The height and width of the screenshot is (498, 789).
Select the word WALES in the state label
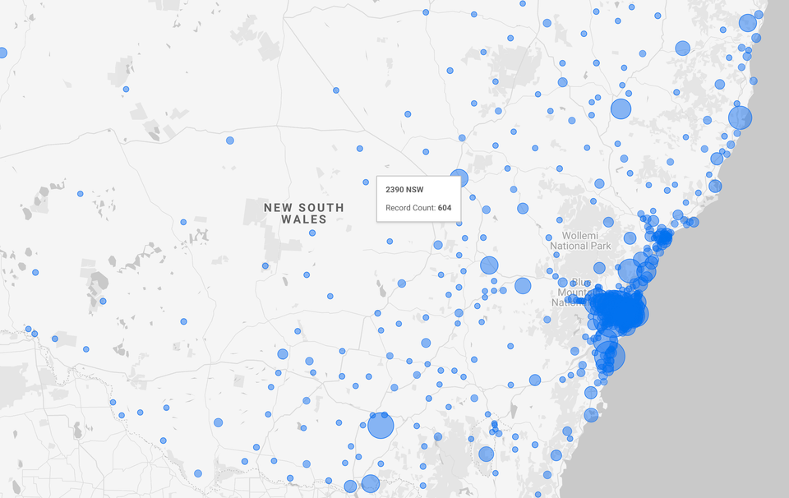tap(303, 219)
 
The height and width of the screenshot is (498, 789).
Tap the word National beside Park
tap(570, 246)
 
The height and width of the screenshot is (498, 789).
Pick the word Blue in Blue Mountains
tap(567, 281)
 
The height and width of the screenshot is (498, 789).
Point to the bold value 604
tap(445, 208)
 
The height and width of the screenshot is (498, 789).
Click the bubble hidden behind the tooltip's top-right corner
tap(459, 178)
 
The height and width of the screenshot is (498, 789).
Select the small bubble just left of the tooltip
tap(367, 182)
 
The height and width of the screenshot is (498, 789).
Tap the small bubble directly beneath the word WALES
tap(312, 233)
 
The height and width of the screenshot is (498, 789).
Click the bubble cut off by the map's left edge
tap(2, 53)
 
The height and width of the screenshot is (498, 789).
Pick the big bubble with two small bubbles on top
tap(381, 426)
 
